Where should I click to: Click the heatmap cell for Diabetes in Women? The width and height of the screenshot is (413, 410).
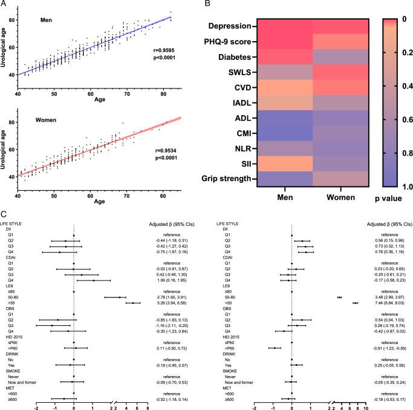point(341,56)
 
